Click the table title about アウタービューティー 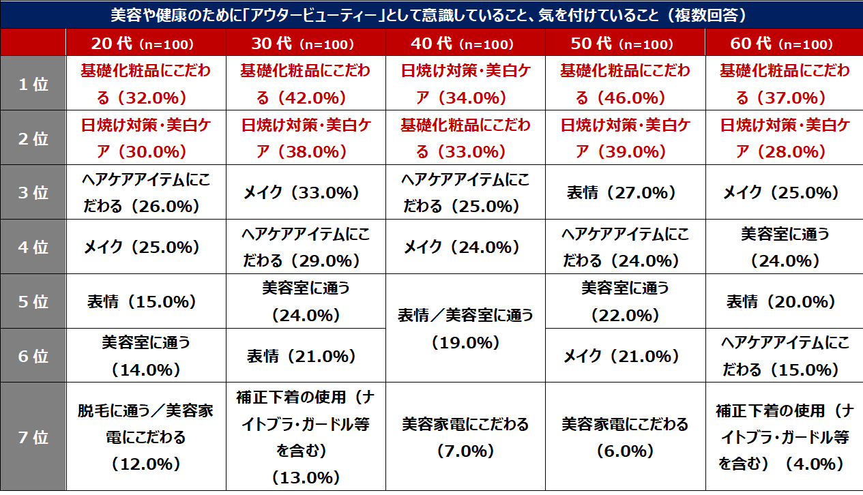pos(431,14)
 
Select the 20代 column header pos(145,43)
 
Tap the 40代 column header pos(465,43)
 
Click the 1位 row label pos(33,85)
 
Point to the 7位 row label pos(33,437)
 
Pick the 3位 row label pos(33,192)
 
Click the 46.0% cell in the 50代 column pos(625,85)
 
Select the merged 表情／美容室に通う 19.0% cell pos(465,328)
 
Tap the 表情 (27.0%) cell pos(625,192)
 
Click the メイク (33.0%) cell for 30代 pos(305,192)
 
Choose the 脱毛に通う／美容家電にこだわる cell pos(145,437)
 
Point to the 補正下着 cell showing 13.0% pos(305,437)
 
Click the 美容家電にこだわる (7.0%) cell pos(465,437)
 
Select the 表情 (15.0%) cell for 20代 pos(145,301)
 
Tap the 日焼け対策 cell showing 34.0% pos(465,85)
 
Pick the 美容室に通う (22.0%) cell pos(625,301)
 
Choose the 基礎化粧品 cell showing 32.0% pos(145,85)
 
